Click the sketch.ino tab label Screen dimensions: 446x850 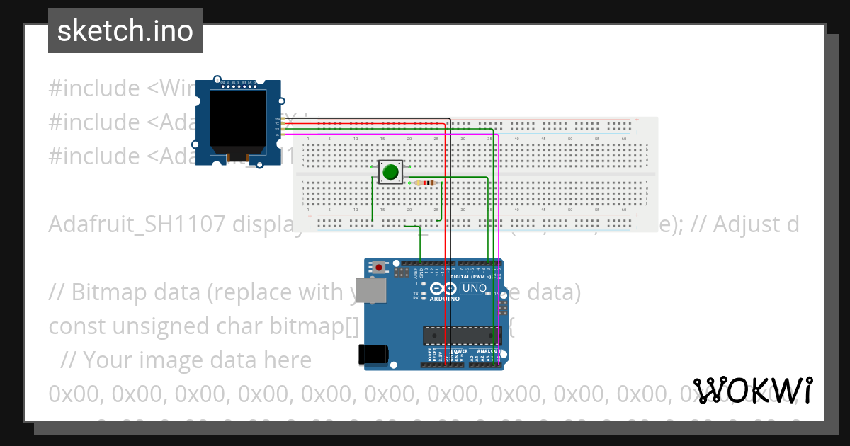tap(125, 31)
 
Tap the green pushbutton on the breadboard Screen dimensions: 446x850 tap(390, 171)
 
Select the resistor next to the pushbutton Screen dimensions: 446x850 tap(426, 183)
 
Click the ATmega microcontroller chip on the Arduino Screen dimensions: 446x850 tap(460, 333)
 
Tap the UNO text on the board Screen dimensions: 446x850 tap(474, 289)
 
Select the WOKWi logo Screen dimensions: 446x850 tap(753, 390)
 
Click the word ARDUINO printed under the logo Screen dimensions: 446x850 tap(445, 299)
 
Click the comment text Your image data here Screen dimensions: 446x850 tap(197, 360)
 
